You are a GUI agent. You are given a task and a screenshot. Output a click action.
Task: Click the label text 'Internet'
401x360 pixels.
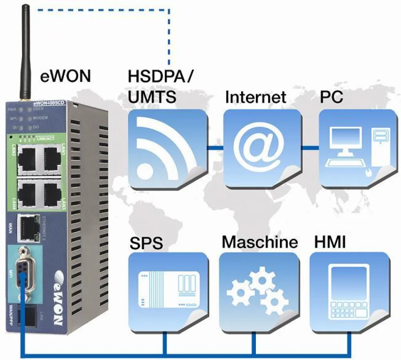tap(256, 97)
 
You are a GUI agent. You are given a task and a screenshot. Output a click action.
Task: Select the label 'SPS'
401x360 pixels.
tap(146, 243)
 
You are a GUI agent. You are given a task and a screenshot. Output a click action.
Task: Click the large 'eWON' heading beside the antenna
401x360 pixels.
tap(66, 76)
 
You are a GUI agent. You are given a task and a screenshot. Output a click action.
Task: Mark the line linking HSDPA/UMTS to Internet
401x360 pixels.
tap(214, 148)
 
